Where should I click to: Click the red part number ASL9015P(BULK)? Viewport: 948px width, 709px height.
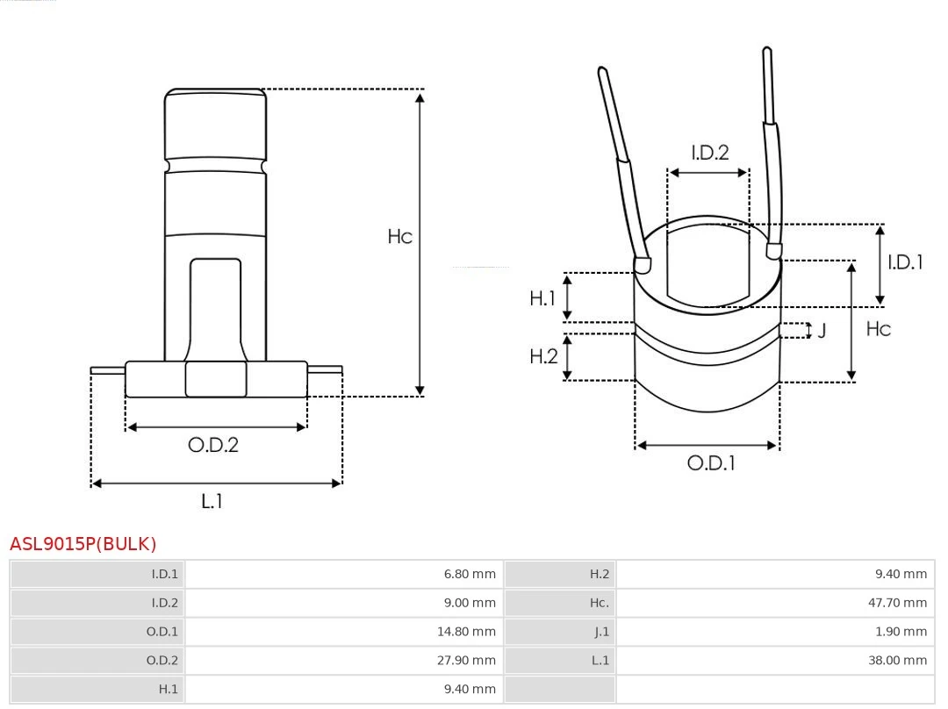pos(83,544)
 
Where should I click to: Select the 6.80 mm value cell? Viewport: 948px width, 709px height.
pos(470,575)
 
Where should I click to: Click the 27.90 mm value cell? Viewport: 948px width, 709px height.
pos(470,660)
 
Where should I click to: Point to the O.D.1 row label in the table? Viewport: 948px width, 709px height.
pos(162,632)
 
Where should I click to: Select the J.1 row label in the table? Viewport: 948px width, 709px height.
pos(600,632)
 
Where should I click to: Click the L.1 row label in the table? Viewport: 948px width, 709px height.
pos(600,660)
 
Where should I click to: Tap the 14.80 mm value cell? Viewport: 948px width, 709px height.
pos(470,632)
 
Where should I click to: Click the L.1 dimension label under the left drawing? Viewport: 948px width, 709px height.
pos(212,501)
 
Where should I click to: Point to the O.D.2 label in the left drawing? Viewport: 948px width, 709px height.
pos(213,445)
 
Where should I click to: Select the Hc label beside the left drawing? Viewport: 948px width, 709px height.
pos(399,237)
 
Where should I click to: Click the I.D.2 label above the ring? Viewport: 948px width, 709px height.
pos(709,153)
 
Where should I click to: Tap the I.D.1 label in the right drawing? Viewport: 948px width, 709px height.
pos(905,261)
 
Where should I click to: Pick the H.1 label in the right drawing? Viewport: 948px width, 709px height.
pos(542,298)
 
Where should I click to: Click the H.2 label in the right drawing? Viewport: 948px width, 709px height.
pos(543,356)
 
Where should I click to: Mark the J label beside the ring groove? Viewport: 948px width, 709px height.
pos(822,331)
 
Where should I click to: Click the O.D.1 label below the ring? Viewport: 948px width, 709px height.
pos(710,463)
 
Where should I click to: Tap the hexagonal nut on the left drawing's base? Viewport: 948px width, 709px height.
pos(216,379)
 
